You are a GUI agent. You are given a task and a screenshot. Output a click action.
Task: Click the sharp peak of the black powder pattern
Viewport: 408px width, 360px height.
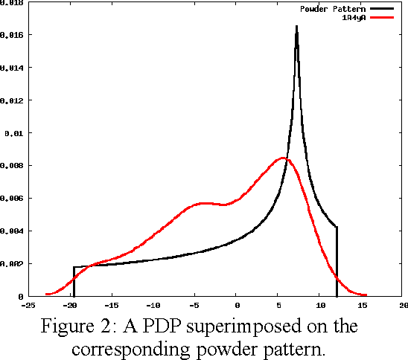(296, 28)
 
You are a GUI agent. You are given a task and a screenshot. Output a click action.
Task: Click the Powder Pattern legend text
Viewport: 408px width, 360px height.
(333, 9)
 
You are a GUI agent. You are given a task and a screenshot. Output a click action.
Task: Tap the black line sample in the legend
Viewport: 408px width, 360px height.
(380, 9)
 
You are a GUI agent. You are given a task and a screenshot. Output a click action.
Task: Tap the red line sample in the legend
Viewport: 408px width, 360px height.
(380, 17)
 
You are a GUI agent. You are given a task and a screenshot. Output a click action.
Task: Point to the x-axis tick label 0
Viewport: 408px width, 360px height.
(237, 305)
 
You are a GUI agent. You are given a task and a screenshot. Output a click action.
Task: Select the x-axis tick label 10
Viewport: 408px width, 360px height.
(320, 305)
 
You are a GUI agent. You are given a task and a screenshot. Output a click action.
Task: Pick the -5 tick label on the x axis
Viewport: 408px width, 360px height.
(194, 305)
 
